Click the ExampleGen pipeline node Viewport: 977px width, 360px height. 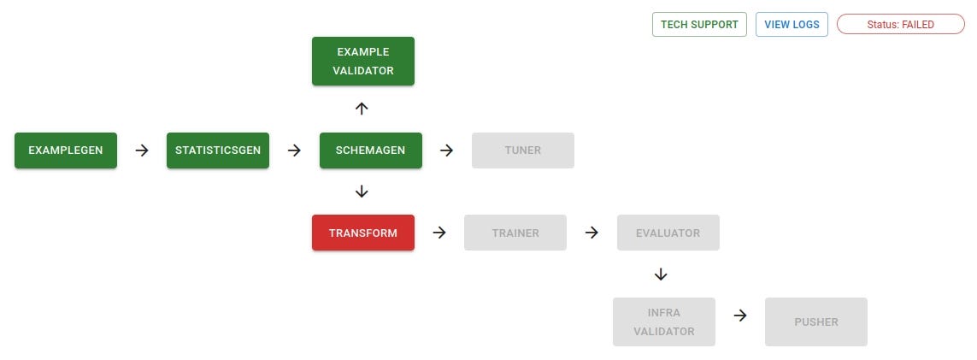point(66,150)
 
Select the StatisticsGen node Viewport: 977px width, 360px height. point(218,150)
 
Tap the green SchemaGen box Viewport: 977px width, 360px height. point(370,150)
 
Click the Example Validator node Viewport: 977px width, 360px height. point(363,62)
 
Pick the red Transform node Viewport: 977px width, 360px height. point(363,233)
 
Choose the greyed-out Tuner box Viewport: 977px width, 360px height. point(522,150)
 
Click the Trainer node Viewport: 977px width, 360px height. point(515,233)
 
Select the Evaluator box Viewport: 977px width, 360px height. point(668,233)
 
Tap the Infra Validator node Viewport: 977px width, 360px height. point(663,322)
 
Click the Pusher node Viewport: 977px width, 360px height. point(816,322)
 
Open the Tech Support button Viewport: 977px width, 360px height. point(699,25)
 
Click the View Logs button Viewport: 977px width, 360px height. point(792,25)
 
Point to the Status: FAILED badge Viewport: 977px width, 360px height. point(901,25)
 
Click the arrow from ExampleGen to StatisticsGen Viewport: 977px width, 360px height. point(142,150)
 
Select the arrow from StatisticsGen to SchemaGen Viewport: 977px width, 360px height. point(294,150)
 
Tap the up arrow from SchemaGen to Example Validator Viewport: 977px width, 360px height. point(362,109)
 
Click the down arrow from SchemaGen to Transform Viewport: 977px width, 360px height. point(362,191)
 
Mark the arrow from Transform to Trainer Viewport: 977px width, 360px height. point(439,233)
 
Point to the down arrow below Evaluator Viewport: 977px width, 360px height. point(660,274)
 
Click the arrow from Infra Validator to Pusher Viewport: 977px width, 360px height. point(740,315)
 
